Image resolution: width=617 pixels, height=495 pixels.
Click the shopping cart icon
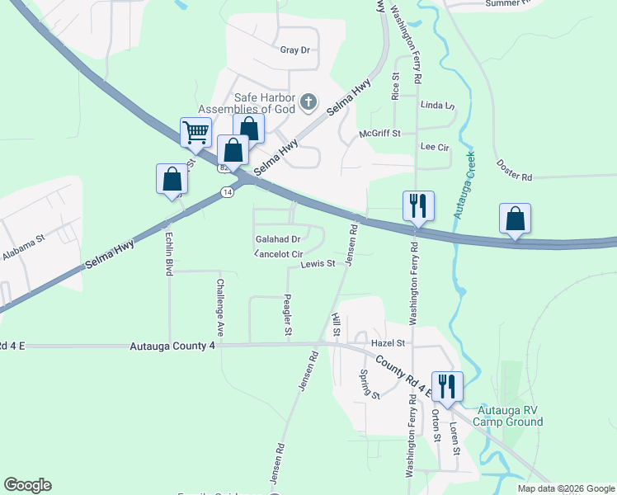[x=195, y=131]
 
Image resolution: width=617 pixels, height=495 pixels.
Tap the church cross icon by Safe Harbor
[x=308, y=102]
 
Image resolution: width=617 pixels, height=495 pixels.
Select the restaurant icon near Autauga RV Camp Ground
[x=447, y=386]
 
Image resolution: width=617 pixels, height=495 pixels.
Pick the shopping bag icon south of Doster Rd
[x=515, y=219]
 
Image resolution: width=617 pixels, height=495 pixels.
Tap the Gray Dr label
[x=294, y=50]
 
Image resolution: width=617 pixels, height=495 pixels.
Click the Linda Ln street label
[x=437, y=106]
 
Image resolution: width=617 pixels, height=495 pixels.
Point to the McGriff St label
[x=379, y=134]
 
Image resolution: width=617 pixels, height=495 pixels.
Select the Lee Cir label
[x=434, y=147]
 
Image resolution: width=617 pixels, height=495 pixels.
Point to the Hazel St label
[x=389, y=342]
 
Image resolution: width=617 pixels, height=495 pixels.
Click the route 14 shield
[x=226, y=192]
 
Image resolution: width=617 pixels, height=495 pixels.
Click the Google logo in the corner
[x=27, y=485]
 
